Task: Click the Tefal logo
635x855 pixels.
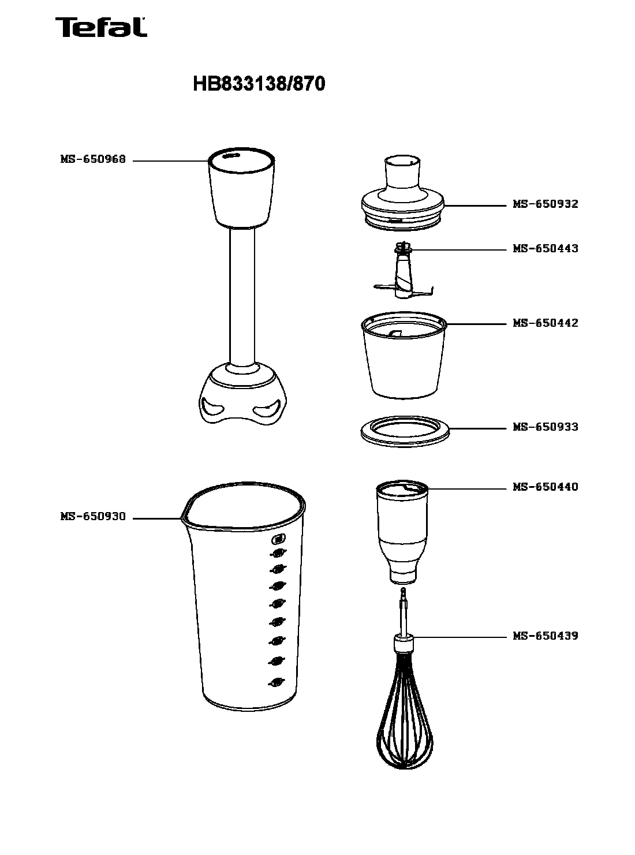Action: [x=101, y=27]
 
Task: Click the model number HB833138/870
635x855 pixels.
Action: [x=259, y=84]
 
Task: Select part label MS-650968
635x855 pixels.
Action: [x=93, y=159]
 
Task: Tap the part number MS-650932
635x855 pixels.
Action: [x=545, y=204]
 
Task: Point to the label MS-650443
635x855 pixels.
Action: [x=545, y=249]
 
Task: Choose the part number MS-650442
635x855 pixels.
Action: [x=545, y=323]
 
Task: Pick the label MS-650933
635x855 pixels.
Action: [x=545, y=427]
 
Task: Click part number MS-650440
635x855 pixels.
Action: [x=545, y=487]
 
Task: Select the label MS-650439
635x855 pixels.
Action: [x=545, y=636]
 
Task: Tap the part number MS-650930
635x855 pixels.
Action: [x=93, y=517]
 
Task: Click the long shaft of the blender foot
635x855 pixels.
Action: [x=242, y=297]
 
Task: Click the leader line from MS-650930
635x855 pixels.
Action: [x=156, y=518]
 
